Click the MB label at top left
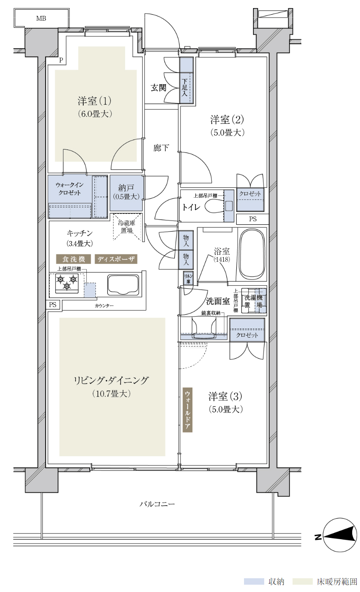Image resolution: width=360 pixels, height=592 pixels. [41, 18]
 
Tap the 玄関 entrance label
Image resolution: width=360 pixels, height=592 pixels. [159, 88]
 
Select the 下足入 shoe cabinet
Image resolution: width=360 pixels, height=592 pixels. [186, 80]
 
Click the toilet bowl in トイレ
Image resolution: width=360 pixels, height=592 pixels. [214, 206]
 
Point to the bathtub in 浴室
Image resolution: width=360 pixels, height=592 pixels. [252, 254]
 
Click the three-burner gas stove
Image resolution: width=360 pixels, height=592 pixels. [67, 283]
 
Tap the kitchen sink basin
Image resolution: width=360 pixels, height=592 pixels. [123, 285]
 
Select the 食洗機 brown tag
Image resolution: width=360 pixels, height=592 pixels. [73, 259]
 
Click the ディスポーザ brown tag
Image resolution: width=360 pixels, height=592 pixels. [116, 259]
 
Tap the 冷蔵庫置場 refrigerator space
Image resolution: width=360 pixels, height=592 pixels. [127, 227]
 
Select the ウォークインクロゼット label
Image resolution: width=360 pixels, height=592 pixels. [70, 189]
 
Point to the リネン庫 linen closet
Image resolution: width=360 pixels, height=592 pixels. [189, 278]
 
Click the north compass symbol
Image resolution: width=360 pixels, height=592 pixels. [339, 537]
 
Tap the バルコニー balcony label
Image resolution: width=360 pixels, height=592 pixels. [157, 504]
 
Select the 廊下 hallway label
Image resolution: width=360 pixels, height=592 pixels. [161, 148]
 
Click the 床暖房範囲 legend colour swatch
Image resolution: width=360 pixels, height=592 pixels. [302, 581]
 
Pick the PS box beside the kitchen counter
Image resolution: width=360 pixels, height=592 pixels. [53, 305]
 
